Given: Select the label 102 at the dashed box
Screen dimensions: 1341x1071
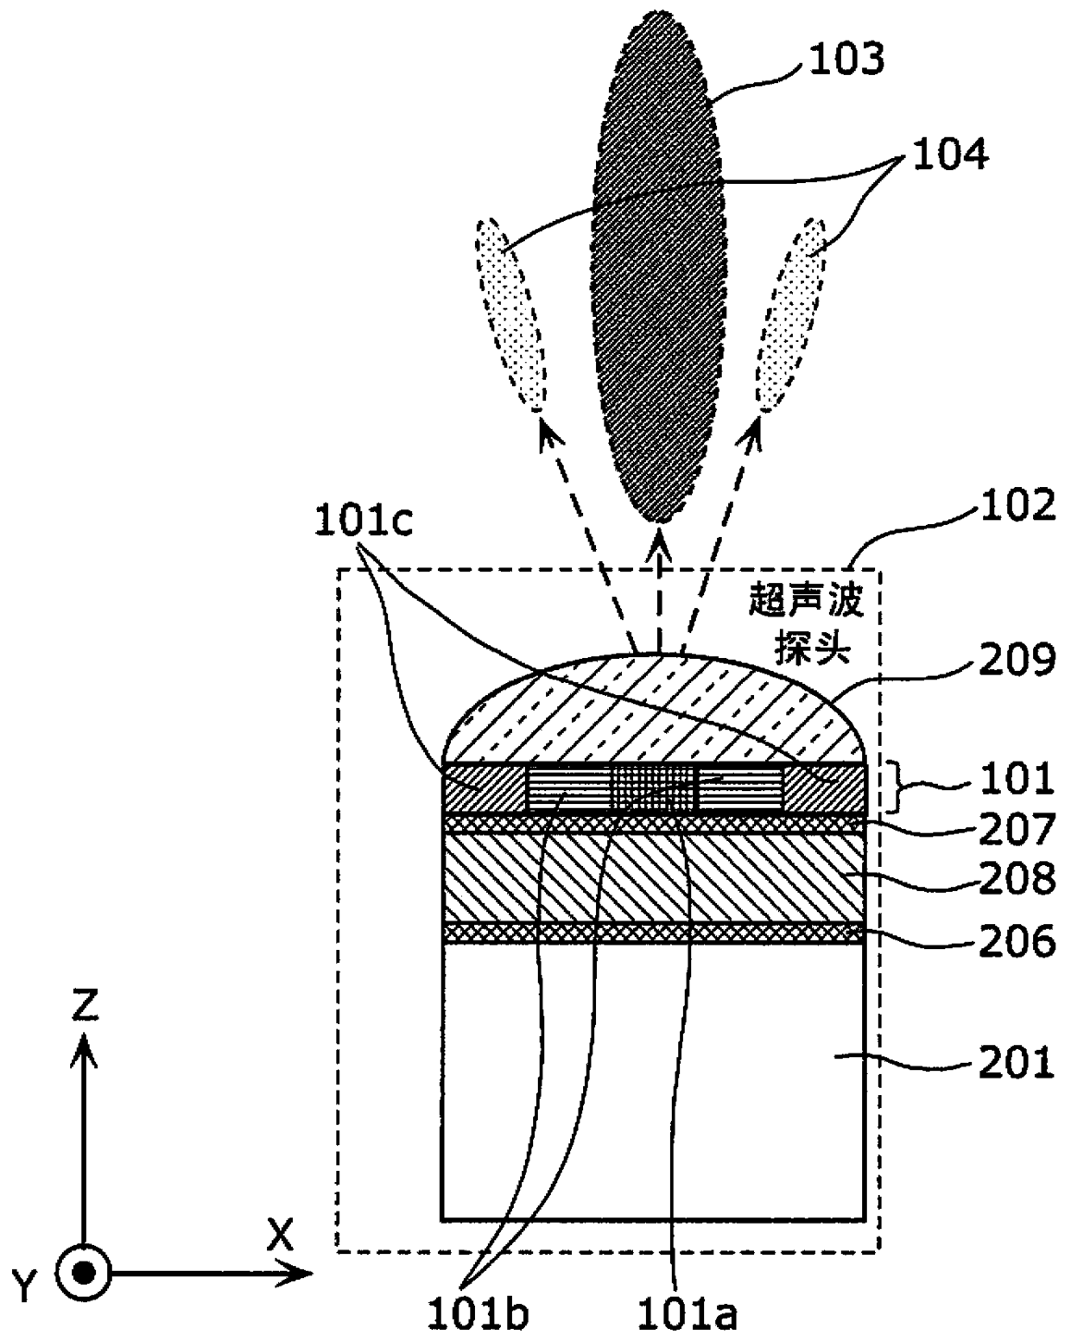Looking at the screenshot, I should [1017, 506].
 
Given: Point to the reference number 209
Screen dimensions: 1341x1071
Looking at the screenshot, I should [1017, 661].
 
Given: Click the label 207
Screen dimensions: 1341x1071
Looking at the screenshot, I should [1017, 830].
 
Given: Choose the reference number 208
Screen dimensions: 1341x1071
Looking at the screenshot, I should [1017, 879].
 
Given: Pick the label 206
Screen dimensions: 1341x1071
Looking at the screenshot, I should [1017, 940].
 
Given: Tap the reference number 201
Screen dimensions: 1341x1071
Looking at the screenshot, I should [1017, 1062].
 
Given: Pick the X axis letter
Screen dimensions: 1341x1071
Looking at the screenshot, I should [279, 1237].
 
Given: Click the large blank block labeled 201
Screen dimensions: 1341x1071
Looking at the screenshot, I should [652, 1079].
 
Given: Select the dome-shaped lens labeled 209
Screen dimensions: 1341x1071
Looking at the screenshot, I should [652, 712].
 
